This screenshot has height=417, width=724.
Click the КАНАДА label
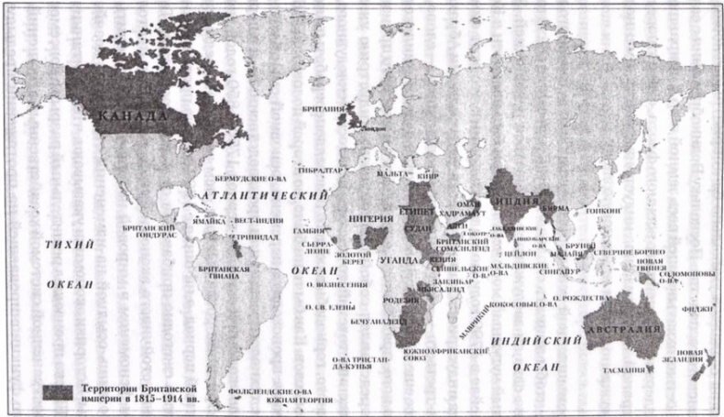[133, 116]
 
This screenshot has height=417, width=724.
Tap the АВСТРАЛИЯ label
[626, 330]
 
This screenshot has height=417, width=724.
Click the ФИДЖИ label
[698, 309]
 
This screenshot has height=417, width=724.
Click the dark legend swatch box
[58, 390]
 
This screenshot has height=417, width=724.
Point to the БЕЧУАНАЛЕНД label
[378, 325]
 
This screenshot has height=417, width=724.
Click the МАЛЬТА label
[391, 172]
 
